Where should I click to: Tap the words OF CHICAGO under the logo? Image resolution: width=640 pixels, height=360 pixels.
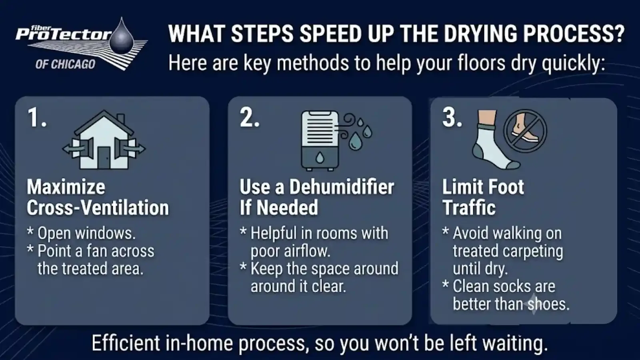click(x=65, y=64)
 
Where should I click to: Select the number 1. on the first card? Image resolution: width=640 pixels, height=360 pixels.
click(x=37, y=117)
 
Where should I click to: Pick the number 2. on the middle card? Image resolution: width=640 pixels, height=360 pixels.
click(x=250, y=117)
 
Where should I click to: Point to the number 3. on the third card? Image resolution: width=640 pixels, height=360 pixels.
click(x=452, y=117)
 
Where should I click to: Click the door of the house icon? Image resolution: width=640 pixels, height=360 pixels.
click(x=104, y=157)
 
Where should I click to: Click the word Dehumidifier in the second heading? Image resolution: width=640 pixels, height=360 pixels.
click(x=342, y=187)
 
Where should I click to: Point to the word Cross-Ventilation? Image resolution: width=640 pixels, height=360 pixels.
click(x=98, y=208)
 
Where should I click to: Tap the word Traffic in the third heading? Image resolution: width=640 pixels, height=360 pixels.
click(x=469, y=208)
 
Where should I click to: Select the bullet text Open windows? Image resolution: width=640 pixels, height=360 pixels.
click(x=86, y=234)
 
